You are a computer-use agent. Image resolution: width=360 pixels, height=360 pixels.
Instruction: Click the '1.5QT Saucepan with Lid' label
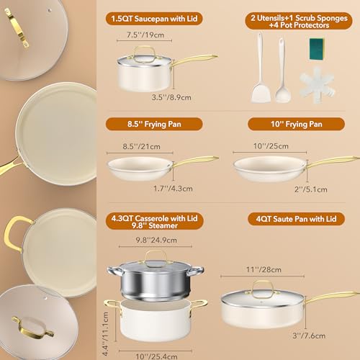coord(154,19)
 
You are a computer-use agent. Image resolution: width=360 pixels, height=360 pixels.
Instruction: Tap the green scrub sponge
coord(316,49)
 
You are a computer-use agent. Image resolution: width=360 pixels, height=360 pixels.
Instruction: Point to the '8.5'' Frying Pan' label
coord(154,124)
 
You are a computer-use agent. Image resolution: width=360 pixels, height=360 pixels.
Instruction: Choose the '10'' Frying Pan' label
coord(296,124)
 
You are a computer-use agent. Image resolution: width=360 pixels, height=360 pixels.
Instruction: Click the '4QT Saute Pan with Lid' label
coord(296,219)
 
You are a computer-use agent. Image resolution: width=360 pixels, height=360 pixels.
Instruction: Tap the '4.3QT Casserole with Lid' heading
coord(154,218)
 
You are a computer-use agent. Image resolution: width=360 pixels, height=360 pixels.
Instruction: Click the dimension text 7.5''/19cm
coord(145,35)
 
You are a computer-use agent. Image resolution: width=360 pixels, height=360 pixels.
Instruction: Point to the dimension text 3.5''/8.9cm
coord(171,97)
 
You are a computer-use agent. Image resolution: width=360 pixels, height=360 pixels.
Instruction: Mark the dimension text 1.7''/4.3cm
coord(173,189)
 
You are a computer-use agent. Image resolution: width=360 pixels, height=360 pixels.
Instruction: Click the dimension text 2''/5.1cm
coord(311,189)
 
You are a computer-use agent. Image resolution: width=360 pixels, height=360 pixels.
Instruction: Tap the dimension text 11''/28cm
coord(264,269)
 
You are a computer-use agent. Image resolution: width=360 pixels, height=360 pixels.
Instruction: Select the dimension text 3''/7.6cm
coord(309,336)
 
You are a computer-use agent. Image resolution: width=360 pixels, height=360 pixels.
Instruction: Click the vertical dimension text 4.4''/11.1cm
coord(105,333)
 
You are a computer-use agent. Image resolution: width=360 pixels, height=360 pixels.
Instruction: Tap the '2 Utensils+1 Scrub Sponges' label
coord(299,18)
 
